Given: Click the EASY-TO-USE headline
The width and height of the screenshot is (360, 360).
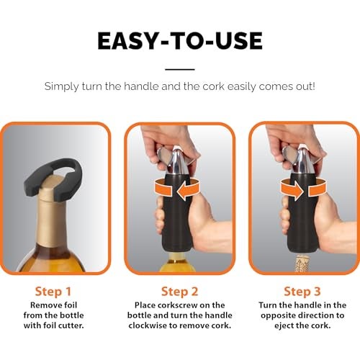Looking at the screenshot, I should tap(180, 41).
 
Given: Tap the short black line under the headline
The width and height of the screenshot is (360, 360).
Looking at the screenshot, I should tap(180, 69).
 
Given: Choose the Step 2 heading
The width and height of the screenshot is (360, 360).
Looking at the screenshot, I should tap(180, 292).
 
